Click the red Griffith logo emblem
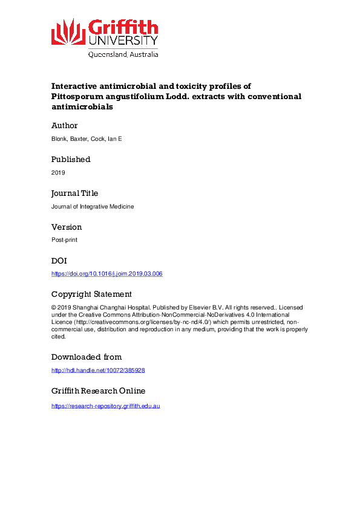click(x=68, y=31)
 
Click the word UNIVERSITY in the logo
click(x=123, y=41)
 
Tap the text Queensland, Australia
click(x=123, y=54)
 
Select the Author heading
click(x=64, y=126)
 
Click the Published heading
click(x=71, y=160)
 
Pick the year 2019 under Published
click(x=58, y=172)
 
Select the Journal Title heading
click(x=74, y=193)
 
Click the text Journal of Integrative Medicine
click(x=93, y=206)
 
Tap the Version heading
click(x=67, y=227)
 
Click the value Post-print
click(x=64, y=240)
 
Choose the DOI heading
click(x=60, y=261)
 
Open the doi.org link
click(x=107, y=274)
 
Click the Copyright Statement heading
click(x=91, y=294)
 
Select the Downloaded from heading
click(x=87, y=357)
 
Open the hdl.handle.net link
click(x=98, y=369)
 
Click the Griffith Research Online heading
click(x=98, y=391)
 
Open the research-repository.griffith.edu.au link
click(x=105, y=406)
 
